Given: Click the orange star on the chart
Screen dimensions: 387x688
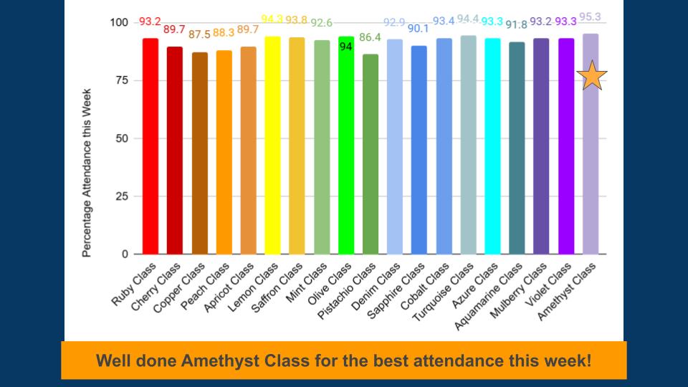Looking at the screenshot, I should coord(592,76).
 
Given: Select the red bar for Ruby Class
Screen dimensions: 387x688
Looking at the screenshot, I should coord(150,147).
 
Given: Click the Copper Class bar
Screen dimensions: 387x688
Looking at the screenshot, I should coord(199,153).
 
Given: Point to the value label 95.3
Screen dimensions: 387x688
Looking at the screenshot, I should coord(591,16).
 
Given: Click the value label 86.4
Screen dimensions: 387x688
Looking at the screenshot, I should coord(371,37).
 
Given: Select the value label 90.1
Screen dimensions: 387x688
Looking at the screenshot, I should coord(419,29).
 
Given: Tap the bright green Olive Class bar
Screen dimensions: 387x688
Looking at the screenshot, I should coord(346,158).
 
